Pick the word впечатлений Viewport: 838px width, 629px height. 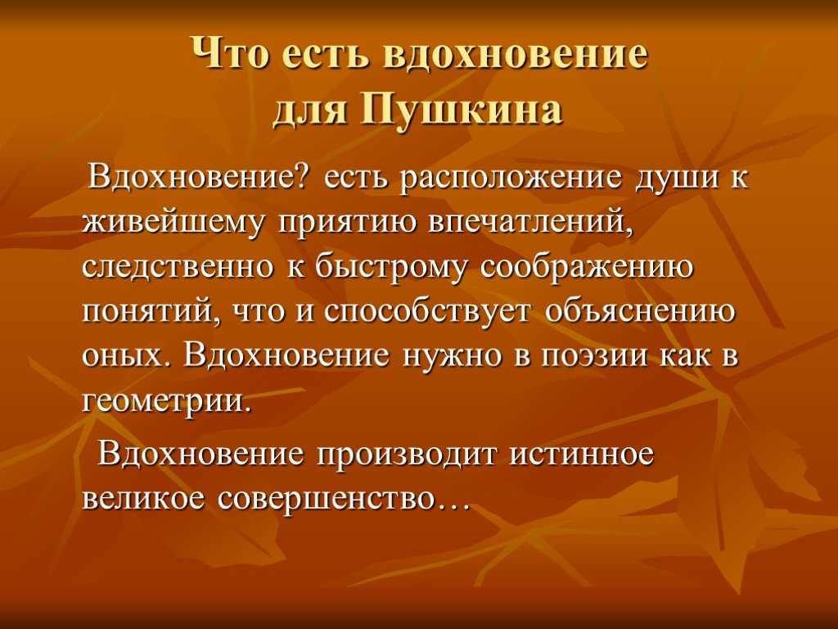coord(530,221)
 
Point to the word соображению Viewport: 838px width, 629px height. coord(586,269)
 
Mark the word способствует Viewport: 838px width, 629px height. coord(428,312)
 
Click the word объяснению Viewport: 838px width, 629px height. coord(640,312)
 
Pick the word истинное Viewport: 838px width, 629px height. coord(582,454)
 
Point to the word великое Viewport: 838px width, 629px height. coord(144,499)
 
